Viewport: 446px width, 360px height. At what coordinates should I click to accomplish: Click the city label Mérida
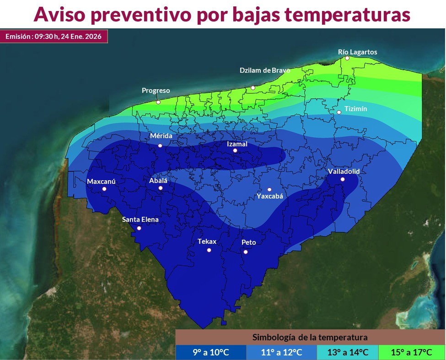coord(161,136)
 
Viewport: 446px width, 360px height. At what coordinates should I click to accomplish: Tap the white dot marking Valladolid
coord(342,179)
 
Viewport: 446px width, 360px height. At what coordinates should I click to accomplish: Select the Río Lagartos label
coord(357,52)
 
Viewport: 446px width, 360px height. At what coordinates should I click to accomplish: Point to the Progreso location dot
coord(158,102)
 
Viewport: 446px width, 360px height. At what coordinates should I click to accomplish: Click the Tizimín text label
coord(355,109)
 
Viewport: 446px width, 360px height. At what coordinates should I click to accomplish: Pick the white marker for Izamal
coord(235,150)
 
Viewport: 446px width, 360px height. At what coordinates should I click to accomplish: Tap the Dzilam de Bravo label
coord(265,70)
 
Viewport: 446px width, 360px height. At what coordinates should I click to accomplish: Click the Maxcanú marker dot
coord(104,189)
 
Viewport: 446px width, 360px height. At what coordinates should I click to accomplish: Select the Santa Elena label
coord(140,220)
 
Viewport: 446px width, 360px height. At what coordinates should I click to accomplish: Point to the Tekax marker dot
coord(209,250)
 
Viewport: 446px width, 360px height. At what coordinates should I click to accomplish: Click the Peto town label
coord(248,242)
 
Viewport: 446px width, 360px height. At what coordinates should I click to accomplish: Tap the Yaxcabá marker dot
coord(269,189)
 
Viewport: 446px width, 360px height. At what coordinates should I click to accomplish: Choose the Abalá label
coord(158,181)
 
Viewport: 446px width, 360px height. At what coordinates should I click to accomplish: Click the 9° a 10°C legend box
coord(210,352)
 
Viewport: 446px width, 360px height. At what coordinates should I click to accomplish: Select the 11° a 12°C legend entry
coord(281,352)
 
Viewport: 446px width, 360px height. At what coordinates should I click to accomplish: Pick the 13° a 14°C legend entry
coord(347,352)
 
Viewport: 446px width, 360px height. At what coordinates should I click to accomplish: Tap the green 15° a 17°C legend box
coord(411,352)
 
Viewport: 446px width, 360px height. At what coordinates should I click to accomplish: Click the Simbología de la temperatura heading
coord(310,338)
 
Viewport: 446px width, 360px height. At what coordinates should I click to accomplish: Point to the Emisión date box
coord(54,36)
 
